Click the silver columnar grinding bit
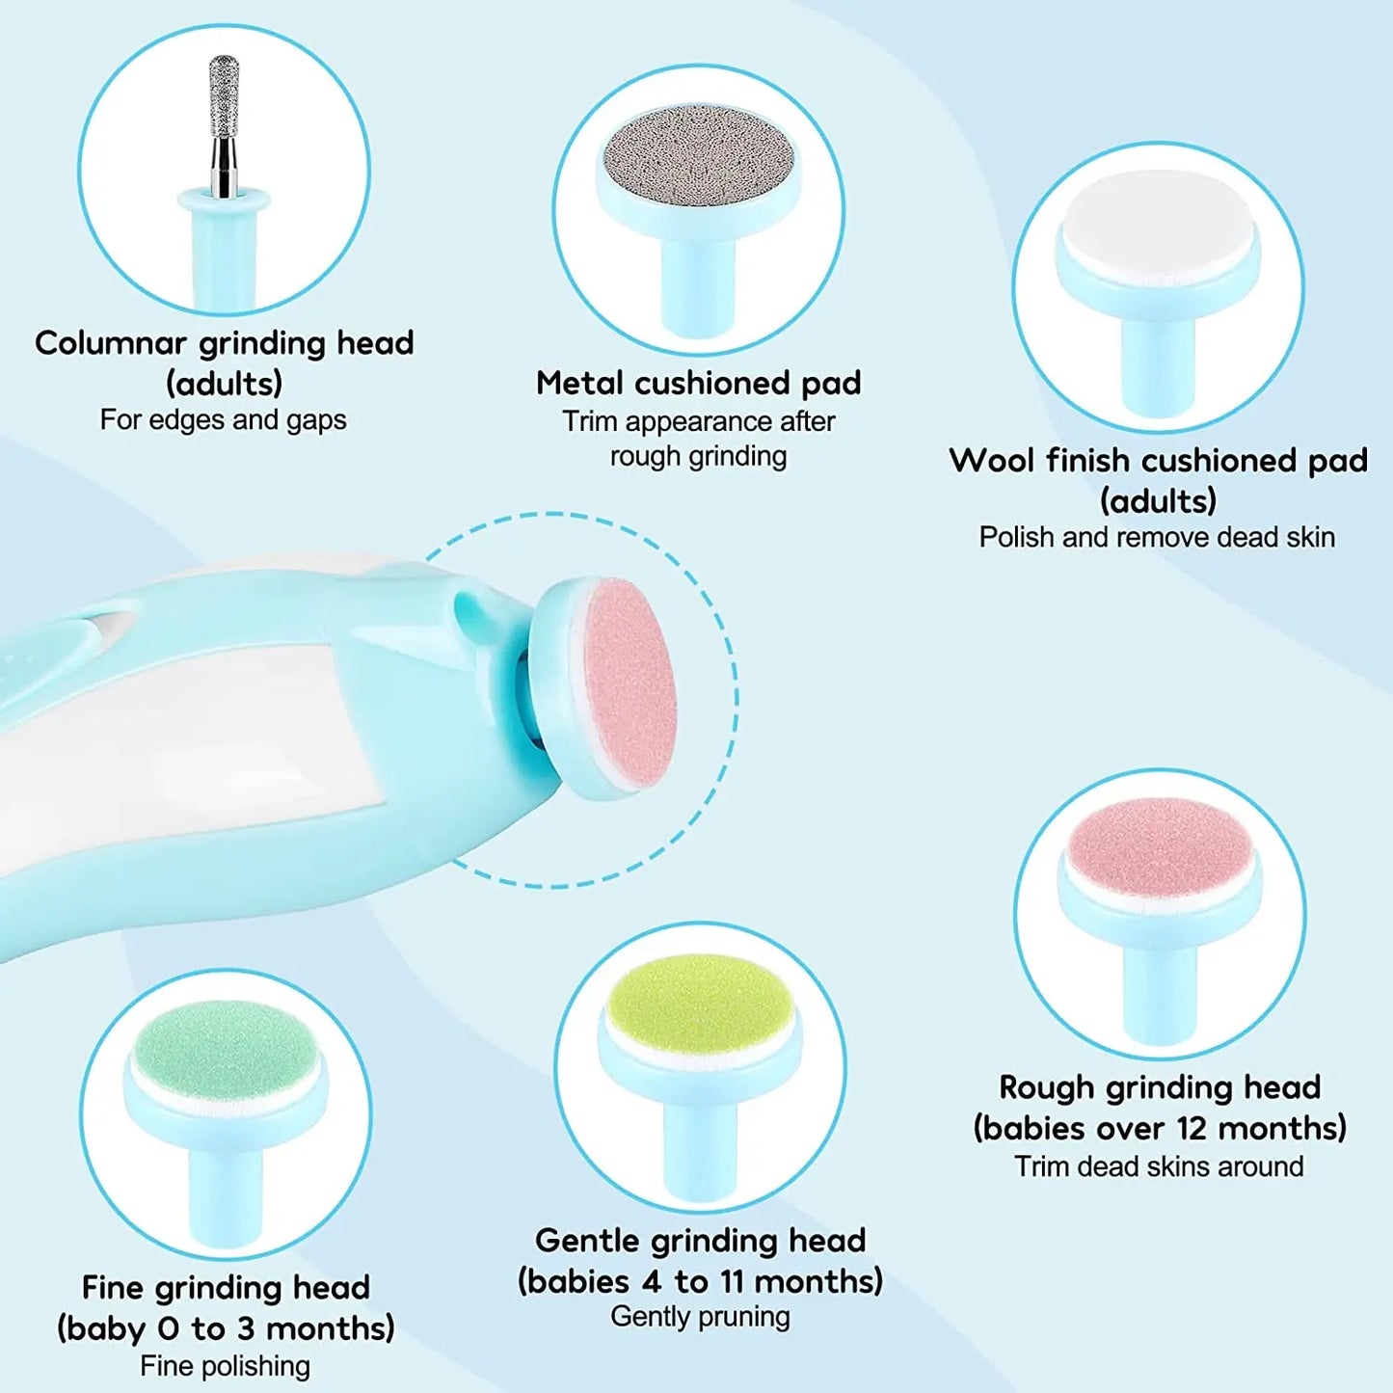coord(224,106)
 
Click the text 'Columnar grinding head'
coord(224,343)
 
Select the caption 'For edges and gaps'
coord(224,420)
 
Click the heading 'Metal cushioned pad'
coord(699,383)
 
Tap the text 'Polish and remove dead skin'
coord(1157,537)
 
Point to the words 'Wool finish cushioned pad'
coord(1158,461)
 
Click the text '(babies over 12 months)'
coord(1160,1128)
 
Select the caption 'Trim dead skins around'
coord(1159,1166)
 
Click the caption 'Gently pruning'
coord(701,1317)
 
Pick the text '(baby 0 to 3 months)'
coord(226,1328)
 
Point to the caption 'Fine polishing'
coord(226,1366)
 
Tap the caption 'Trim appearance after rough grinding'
coord(699,439)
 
